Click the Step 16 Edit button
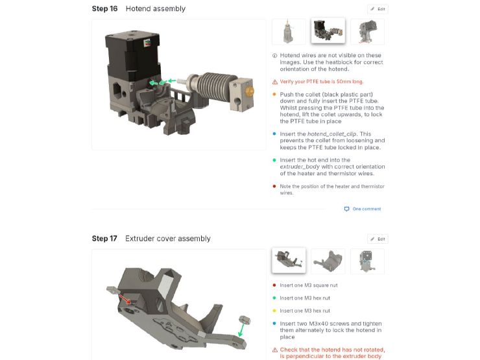tap(378, 9)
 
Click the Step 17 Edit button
tap(378, 239)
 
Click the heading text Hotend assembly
tap(155, 9)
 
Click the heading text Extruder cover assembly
tap(167, 239)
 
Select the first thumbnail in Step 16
tap(289, 31)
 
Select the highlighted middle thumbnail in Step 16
tap(328, 31)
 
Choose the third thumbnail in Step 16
tap(367, 31)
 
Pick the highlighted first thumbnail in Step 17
tap(289, 261)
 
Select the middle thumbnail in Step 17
tap(328, 261)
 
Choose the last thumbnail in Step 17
tap(367, 261)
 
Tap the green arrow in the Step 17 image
tap(241, 331)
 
